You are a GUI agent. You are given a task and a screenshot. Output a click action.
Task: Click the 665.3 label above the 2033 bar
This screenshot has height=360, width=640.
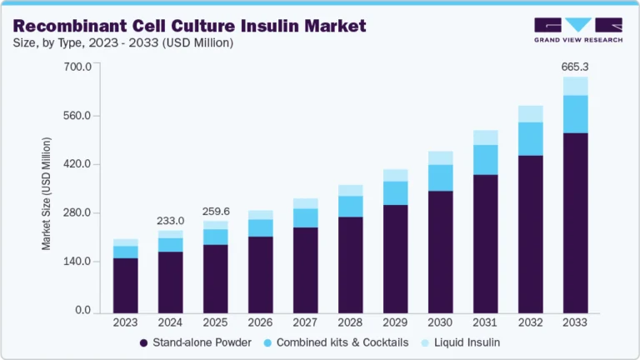pos(575,65)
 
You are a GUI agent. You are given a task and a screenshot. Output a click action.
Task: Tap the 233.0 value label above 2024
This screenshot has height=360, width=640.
pos(170,220)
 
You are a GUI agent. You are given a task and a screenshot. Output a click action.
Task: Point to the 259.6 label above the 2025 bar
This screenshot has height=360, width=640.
pos(215,211)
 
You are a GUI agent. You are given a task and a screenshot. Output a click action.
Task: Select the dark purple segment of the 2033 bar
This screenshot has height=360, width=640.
pos(575,221)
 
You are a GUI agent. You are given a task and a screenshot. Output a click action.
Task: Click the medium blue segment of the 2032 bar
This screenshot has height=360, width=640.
pos(530,138)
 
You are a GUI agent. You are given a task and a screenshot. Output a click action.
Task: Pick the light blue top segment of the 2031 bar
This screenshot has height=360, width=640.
pos(485,137)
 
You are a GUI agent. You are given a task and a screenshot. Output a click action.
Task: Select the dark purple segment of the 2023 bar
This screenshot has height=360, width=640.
pos(125,283)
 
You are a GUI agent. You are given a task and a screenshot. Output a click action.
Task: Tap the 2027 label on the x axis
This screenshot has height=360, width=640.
pos(305,322)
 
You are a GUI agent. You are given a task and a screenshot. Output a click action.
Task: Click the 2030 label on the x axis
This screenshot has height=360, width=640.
pos(440,322)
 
